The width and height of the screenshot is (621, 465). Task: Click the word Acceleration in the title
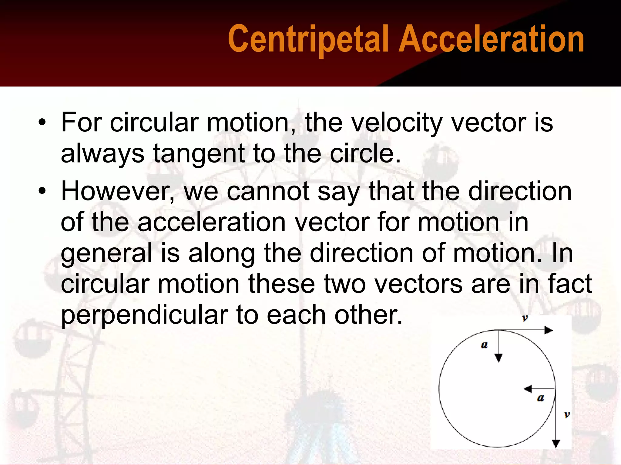click(491, 39)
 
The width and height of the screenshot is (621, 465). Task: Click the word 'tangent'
click(198, 154)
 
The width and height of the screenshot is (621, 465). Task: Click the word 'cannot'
click(268, 191)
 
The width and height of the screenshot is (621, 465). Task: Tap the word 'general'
click(106, 254)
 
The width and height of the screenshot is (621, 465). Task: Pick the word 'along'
click(222, 254)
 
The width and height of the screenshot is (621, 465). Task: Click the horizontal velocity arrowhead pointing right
click(549, 330)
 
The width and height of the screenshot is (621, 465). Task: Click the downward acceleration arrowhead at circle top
click(498, 358)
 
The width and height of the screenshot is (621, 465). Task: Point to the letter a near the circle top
click(484, 345)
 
